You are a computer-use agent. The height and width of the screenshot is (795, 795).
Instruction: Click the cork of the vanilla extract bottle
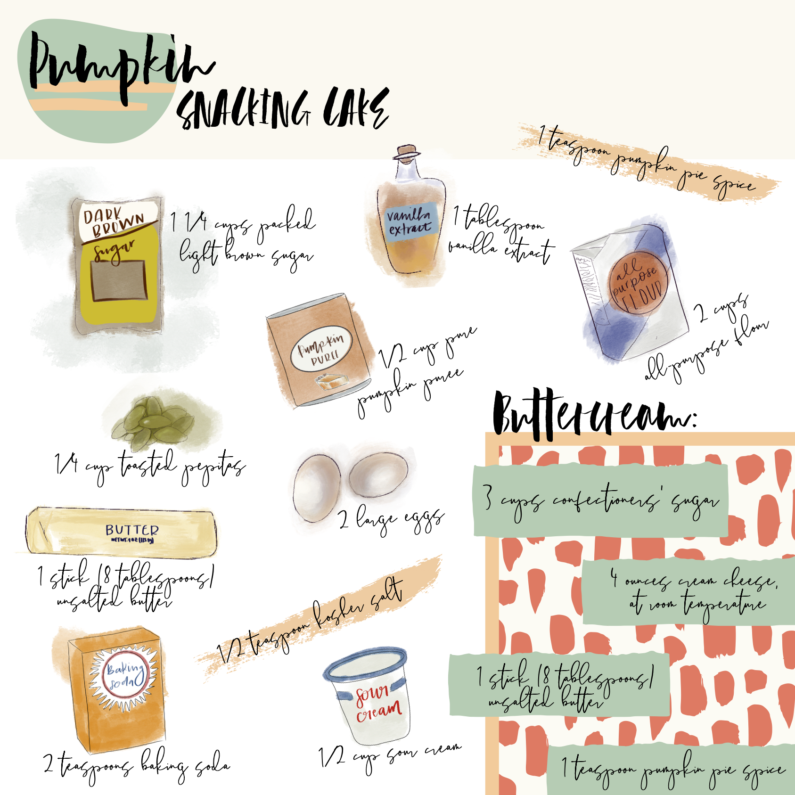click(408, 152)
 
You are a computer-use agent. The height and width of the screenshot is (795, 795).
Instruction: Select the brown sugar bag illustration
click(118, 266)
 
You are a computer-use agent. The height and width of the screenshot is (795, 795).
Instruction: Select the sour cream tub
click(370, 693)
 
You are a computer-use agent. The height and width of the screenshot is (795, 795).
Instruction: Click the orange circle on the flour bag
click(639, 283)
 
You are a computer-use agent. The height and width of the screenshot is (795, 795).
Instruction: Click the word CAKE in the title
click(356, 108)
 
